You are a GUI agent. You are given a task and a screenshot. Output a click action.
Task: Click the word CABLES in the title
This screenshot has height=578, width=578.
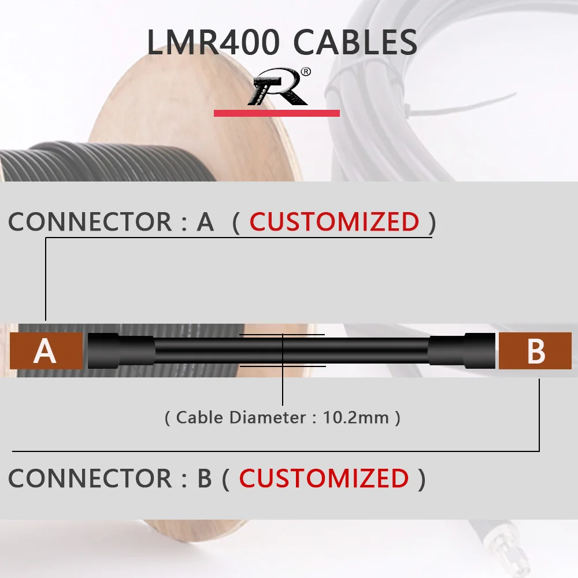tap(355, 43)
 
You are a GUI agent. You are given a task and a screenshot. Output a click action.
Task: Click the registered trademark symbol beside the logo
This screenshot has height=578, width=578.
tap(306, 72)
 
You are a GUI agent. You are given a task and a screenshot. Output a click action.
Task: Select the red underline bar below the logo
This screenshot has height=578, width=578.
tap(276, 113)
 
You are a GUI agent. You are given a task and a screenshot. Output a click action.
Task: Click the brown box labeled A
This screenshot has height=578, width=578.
tap(46, 351)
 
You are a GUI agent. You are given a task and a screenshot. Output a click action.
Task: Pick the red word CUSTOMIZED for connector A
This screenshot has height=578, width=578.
tap(334, 222)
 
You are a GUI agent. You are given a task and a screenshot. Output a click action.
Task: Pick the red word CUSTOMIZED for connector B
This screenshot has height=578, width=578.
tap(324, 478)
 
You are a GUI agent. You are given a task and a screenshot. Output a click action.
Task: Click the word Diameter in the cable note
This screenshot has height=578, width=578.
tap(267, 417)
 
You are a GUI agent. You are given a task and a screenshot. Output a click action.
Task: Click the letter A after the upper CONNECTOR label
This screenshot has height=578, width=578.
tap(205, 222)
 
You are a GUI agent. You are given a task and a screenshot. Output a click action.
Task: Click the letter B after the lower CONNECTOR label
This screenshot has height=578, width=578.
tap(205, 478)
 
